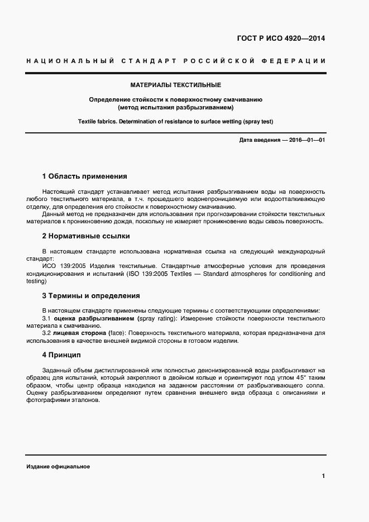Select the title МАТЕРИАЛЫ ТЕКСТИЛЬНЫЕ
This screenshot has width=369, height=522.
coord(176,85)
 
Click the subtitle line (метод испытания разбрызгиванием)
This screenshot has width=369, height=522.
coord(176,107)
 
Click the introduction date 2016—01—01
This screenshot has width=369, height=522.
coord(306,140)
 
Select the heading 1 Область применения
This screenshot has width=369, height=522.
coord(84,176)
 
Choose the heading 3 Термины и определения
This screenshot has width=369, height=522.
coord(91,296)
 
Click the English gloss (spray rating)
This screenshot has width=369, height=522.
coord(156,318)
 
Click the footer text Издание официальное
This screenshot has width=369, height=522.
coord(57,466)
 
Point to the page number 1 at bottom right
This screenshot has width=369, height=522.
coord(323,476)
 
